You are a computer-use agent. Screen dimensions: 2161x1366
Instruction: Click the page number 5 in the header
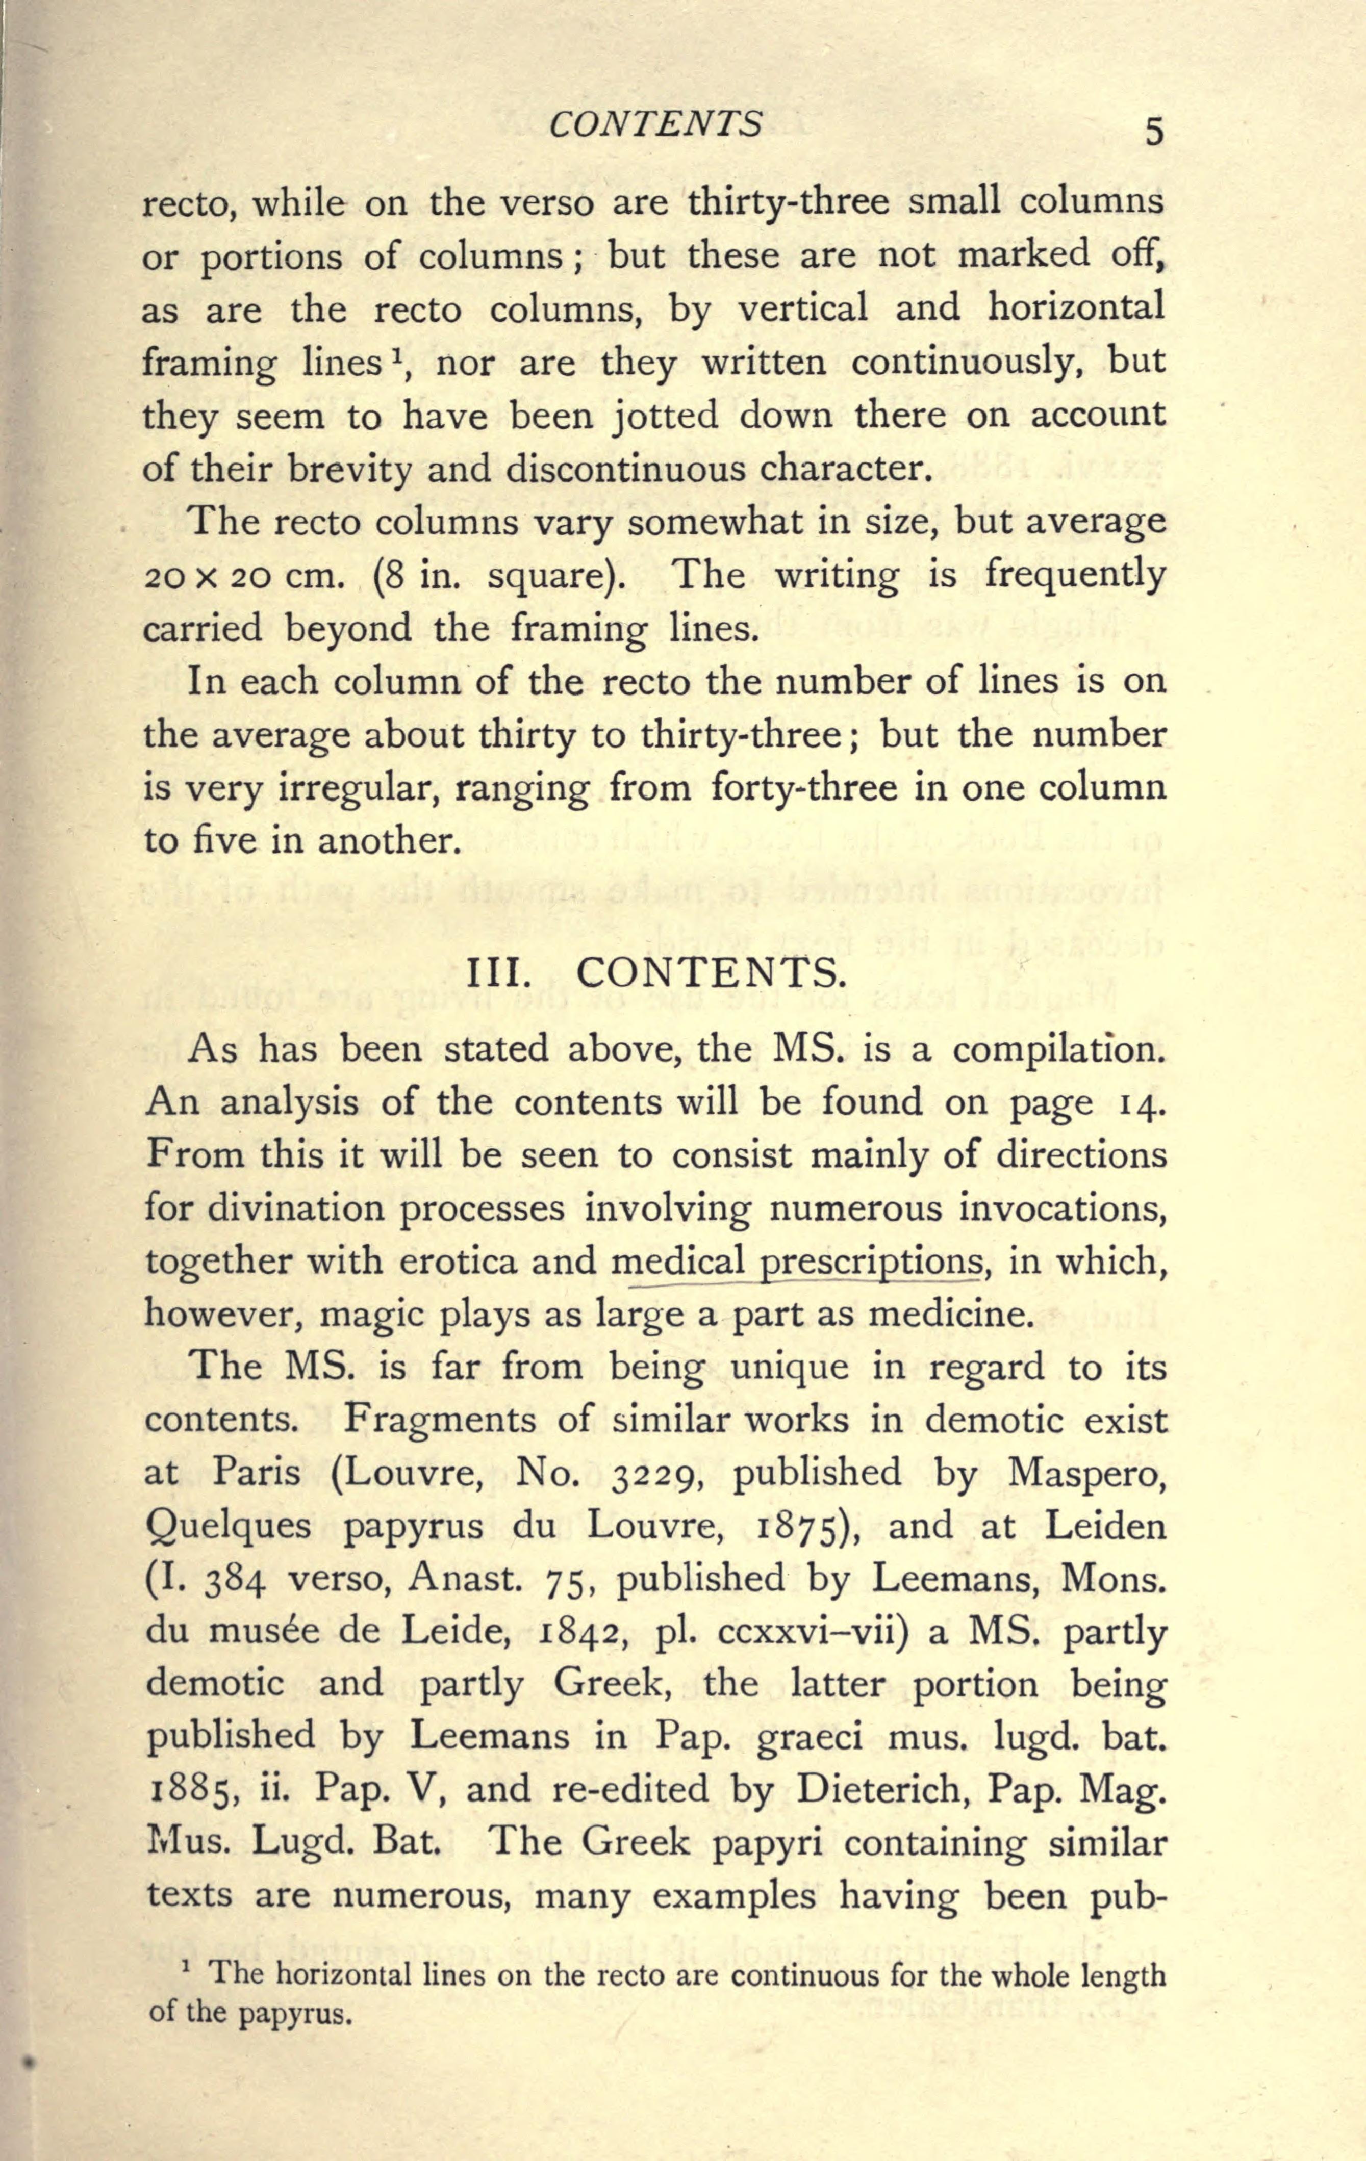(1153, 132)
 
